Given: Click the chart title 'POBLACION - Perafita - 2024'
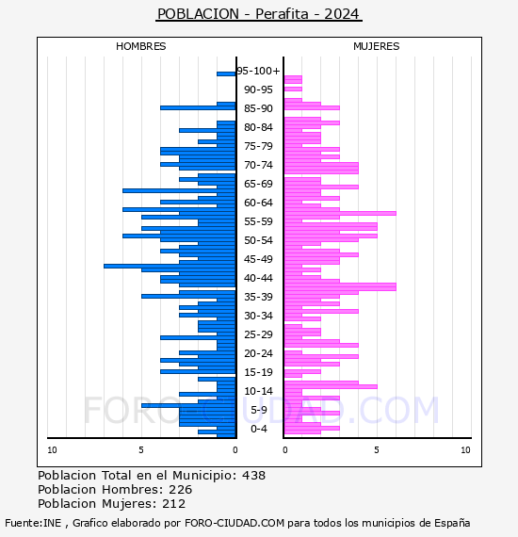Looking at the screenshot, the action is [258, 14].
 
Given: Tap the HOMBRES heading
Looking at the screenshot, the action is [140, 46].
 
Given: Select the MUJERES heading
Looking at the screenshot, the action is [377, 46].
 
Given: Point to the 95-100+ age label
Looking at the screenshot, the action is [258, 71].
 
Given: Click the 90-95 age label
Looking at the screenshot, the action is [258, 89].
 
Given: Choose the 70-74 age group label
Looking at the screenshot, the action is [258, 165].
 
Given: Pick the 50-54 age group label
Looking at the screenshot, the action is [258, 240].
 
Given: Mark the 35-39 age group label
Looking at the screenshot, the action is [258, 297].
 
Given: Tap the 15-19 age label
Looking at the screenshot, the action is [258, 372].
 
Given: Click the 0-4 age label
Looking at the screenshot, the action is [258, 429].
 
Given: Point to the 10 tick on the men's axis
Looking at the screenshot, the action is [52, 450].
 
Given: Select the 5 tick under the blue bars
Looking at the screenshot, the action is [141, 450].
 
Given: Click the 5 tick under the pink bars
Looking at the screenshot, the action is [377, 450].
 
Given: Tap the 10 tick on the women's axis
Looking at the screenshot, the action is [465, 450].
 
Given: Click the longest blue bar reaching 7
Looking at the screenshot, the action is [170, 266].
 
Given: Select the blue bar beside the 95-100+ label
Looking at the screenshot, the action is [226, 74].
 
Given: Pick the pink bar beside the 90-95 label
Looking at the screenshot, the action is [293, 89].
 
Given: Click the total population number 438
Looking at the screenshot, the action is [253, 476].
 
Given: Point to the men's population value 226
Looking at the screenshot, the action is [181, 489].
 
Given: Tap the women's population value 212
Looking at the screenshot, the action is [174, 503].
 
